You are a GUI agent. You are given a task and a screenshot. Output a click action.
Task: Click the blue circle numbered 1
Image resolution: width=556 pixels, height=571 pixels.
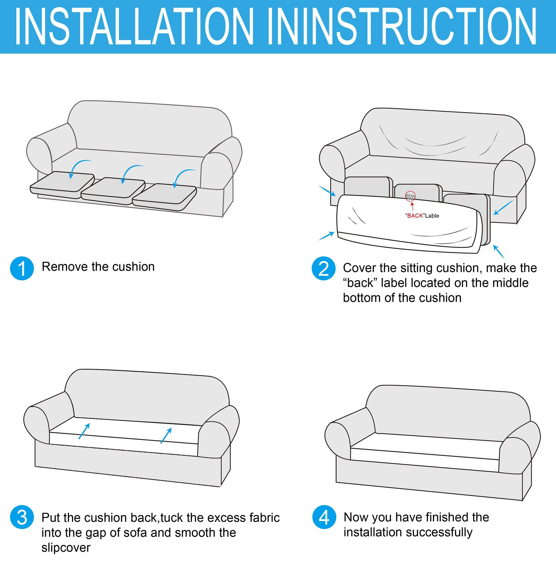point(22,268)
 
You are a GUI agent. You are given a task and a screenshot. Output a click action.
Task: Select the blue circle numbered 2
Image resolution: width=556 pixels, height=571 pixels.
point(324,268)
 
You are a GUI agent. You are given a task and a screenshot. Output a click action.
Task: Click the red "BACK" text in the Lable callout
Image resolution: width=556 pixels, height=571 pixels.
point(415,216)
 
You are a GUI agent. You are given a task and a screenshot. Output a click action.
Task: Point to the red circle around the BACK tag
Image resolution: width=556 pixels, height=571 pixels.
point(410,196)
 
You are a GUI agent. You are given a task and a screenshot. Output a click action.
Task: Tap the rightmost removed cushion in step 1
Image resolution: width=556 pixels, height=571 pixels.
point(164,197)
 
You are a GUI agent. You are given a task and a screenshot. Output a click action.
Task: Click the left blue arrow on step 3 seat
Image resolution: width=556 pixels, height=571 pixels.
point(84,431)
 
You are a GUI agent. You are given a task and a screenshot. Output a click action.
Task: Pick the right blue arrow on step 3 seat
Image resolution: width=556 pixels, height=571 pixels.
point(166,435)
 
